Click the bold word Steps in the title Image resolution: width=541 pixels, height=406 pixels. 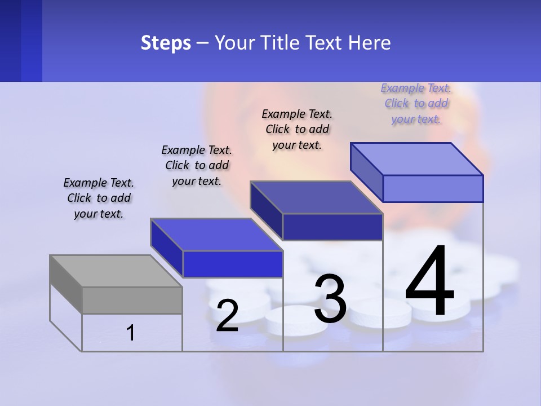166,43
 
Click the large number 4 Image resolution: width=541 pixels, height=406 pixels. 429,282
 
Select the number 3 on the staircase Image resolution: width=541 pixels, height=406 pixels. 330,298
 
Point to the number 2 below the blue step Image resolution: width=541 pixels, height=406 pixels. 227,316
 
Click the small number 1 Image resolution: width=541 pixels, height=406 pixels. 131,333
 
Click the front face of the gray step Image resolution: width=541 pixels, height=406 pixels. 132,300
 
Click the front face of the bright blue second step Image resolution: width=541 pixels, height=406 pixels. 233,264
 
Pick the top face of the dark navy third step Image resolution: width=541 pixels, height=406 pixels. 316,197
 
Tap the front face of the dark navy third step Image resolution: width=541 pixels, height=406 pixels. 332,227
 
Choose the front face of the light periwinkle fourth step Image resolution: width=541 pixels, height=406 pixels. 433,188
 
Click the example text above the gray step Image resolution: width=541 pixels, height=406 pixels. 99,198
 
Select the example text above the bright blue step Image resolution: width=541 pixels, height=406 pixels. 197,165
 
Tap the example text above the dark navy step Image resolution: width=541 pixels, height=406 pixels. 297,129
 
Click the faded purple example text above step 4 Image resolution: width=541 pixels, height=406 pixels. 416,103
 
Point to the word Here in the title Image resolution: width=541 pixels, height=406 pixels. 370,43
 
